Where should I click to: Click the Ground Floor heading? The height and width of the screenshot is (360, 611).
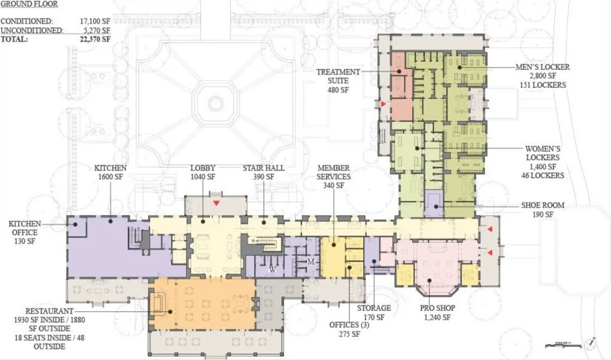click(x=29, y=4)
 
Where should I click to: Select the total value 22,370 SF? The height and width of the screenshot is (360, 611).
click(x=95, y=40)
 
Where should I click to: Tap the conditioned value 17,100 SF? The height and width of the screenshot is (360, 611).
click(x=95, y=22)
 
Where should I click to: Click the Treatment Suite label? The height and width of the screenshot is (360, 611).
click(x=338, y=81)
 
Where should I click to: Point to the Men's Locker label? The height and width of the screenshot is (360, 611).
click(x=542, y=76)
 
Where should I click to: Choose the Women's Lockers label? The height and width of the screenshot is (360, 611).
click(x=543, y=162)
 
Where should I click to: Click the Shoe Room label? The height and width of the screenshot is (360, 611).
click(x=543, y=209)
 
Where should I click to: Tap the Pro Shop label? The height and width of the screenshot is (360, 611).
click(x=437, y=312)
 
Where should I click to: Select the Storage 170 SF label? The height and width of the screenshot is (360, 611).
click(x=374, y=312)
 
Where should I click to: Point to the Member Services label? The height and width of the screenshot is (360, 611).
click(x=333, y=177)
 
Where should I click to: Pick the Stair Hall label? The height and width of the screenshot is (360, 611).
click(x=264, y=172)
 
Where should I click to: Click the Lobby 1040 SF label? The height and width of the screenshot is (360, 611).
click(x=203, y=172)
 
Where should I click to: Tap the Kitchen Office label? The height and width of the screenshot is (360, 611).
click(x=25, y=232)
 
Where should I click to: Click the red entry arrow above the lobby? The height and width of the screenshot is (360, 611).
click(x=216, y=203)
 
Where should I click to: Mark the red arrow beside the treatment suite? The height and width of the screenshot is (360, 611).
click(x=384, y=104)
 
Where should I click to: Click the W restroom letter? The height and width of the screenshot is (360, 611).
click(x=273, y=270)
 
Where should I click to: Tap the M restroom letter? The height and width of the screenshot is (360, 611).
click(x=310, y=262)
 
